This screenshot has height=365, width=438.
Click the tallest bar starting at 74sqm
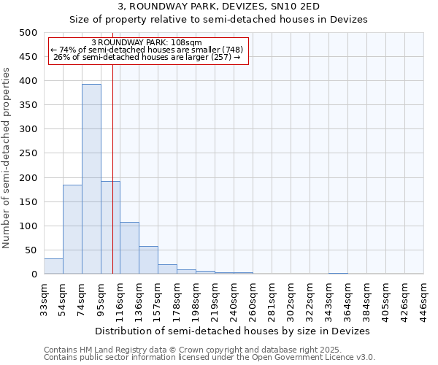click(x=91, y=179)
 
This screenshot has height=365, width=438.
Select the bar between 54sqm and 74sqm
click(x=72, y=229)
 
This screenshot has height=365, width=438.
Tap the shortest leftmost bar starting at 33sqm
click(x=53, y=266)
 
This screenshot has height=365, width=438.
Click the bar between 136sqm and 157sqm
click(x=148, y=260)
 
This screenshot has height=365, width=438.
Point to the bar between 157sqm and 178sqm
click(x=167, y=269)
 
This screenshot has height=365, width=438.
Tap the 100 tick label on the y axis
click(x=28, y=226)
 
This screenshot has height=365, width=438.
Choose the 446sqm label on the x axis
click(x=423, y=299)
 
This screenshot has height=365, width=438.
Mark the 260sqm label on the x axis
click(x=253, y=299)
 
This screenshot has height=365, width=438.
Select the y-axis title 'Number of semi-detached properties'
click(x=7, y=158)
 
